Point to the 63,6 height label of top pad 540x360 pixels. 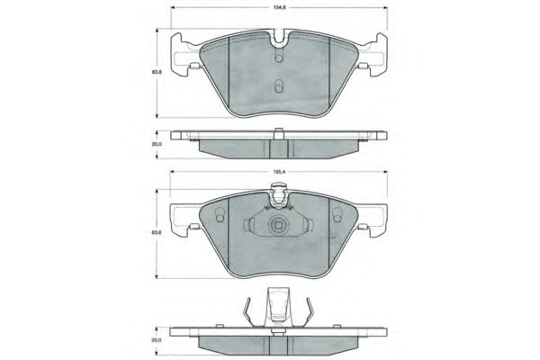coord(157,72)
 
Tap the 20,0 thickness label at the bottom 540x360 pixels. coord(157,341)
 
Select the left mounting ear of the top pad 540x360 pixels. coord(184,50)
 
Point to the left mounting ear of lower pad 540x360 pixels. coord(184,220)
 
